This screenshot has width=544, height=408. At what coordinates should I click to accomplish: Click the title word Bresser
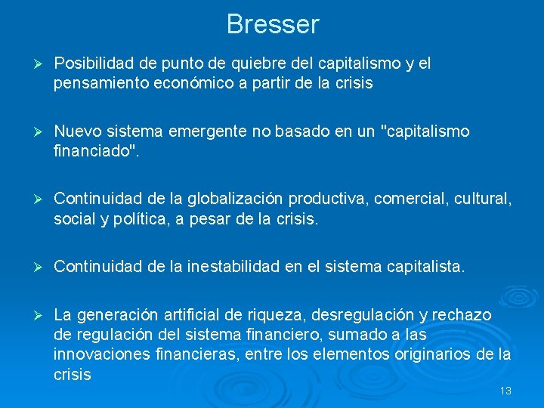pos(272,24)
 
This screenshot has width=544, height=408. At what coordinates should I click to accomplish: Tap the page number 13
pos(505,391)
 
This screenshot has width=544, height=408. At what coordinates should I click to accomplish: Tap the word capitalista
pos(427,267)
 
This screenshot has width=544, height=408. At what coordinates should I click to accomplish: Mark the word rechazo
pos(463,314)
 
